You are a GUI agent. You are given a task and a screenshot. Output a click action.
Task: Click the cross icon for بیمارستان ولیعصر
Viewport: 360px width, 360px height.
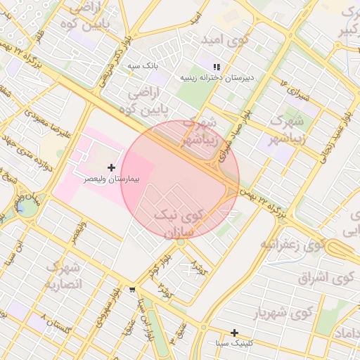point(111,167)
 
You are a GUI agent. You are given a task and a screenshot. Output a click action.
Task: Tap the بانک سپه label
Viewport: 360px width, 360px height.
point(144,65)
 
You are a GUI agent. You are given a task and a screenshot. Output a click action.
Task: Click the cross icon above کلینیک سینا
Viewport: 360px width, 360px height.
point(234,333)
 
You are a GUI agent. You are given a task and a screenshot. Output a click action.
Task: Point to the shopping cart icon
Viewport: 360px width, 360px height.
point(132,289)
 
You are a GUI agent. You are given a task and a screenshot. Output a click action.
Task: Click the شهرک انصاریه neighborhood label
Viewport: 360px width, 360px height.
point(65,276)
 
